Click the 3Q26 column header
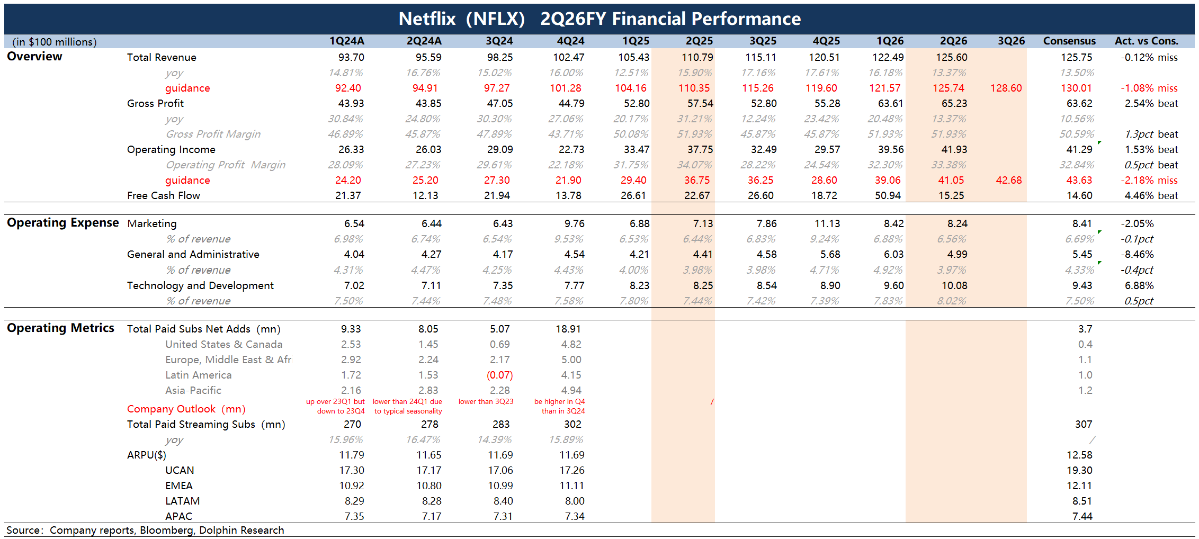1011,41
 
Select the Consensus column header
1069,41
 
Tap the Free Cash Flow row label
164,195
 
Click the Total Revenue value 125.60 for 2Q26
951,57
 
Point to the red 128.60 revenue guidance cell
1006,88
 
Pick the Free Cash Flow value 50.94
888,195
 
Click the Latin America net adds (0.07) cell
499,375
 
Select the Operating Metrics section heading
60,328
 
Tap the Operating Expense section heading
62,223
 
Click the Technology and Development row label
200,285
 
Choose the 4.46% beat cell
1151,195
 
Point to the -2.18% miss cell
1149,180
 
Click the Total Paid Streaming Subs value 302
572,424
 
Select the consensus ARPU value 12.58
1079,455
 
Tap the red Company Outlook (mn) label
186,409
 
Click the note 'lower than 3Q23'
486,401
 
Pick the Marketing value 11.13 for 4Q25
827,223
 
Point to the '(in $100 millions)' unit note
55,42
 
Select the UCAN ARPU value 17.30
352,470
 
